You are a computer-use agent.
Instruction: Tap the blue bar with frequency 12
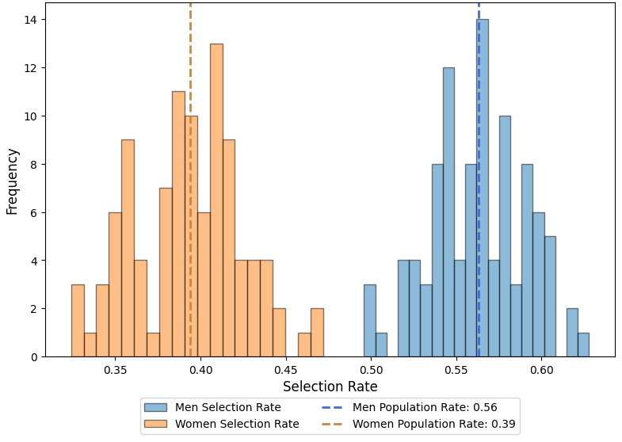coord(448,214)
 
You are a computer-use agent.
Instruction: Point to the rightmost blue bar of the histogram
coord(583,345)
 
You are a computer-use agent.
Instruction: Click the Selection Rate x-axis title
coord(330,387)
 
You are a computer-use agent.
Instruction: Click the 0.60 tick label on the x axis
coord(541,370)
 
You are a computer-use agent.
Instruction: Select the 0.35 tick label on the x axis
coord(116,370)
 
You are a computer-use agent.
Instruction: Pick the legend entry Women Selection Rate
coord(236,424)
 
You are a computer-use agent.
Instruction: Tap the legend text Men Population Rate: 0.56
coord(425,407)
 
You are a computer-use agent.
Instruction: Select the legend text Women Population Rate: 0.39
coord(433,424)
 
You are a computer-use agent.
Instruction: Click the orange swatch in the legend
coord(156,424)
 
